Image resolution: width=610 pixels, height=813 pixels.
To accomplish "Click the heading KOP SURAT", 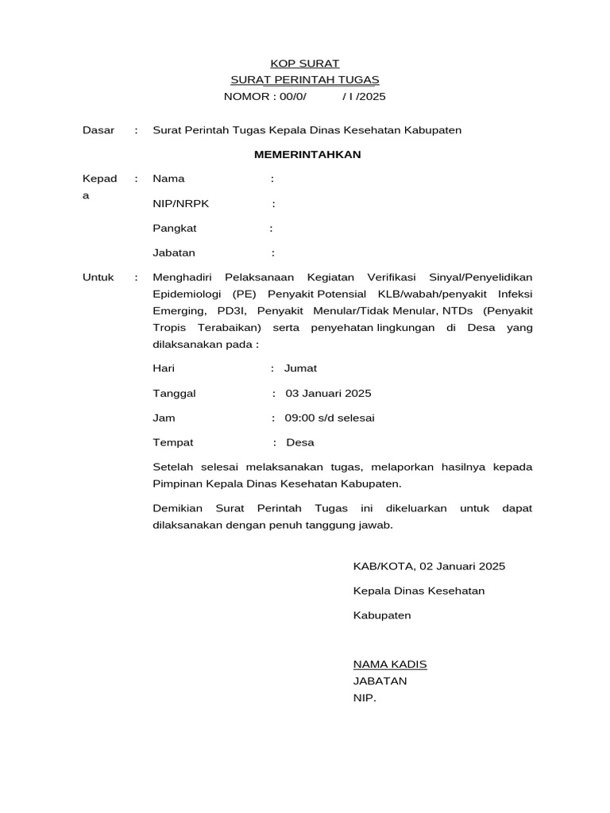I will (305, 64).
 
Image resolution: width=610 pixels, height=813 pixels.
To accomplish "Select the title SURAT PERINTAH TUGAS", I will (305, 80).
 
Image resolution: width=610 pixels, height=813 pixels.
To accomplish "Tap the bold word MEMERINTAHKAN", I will (307, 154).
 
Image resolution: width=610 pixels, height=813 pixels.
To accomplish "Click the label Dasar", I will (98, 129).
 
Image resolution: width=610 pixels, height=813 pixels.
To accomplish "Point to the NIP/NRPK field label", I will (180, 203).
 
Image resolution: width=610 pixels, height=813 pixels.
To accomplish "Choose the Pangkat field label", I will (175, 228).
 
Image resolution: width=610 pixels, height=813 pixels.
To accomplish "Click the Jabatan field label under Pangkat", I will (174, 253).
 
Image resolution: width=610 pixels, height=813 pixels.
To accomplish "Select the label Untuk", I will (98, 277).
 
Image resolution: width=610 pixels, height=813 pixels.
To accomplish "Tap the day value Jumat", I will (301, 368).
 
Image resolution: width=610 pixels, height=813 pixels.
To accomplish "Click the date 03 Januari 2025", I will (328, 393).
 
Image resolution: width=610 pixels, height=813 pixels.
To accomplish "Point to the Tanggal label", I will (174, 393).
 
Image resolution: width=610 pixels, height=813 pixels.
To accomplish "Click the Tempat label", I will (173, 442).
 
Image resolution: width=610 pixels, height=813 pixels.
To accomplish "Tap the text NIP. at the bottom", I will (365, 699).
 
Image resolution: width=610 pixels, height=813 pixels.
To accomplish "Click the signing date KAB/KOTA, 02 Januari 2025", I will (429, 566).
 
